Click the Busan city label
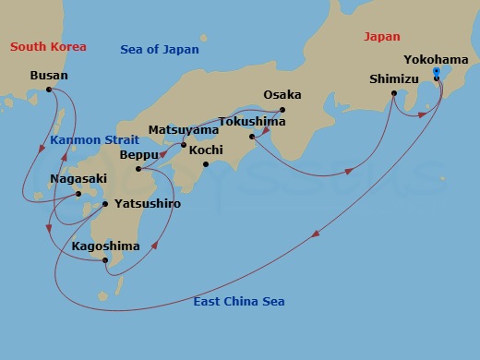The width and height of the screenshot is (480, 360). [49, 75]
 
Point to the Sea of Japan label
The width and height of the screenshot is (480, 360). [160, 49]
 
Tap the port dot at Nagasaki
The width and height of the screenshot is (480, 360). [78, 194]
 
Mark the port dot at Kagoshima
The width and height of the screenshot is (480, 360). [107, 261]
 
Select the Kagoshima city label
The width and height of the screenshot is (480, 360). [105, 246]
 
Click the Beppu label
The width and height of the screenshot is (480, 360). [139, 156]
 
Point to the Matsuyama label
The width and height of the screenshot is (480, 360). [185, 130]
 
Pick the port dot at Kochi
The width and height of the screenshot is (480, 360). [206, 164]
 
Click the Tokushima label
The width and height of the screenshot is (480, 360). [251, 121]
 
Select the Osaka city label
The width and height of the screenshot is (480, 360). [282, 95]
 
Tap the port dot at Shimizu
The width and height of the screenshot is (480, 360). [394, 93]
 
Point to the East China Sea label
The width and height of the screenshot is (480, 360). [238, 302]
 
